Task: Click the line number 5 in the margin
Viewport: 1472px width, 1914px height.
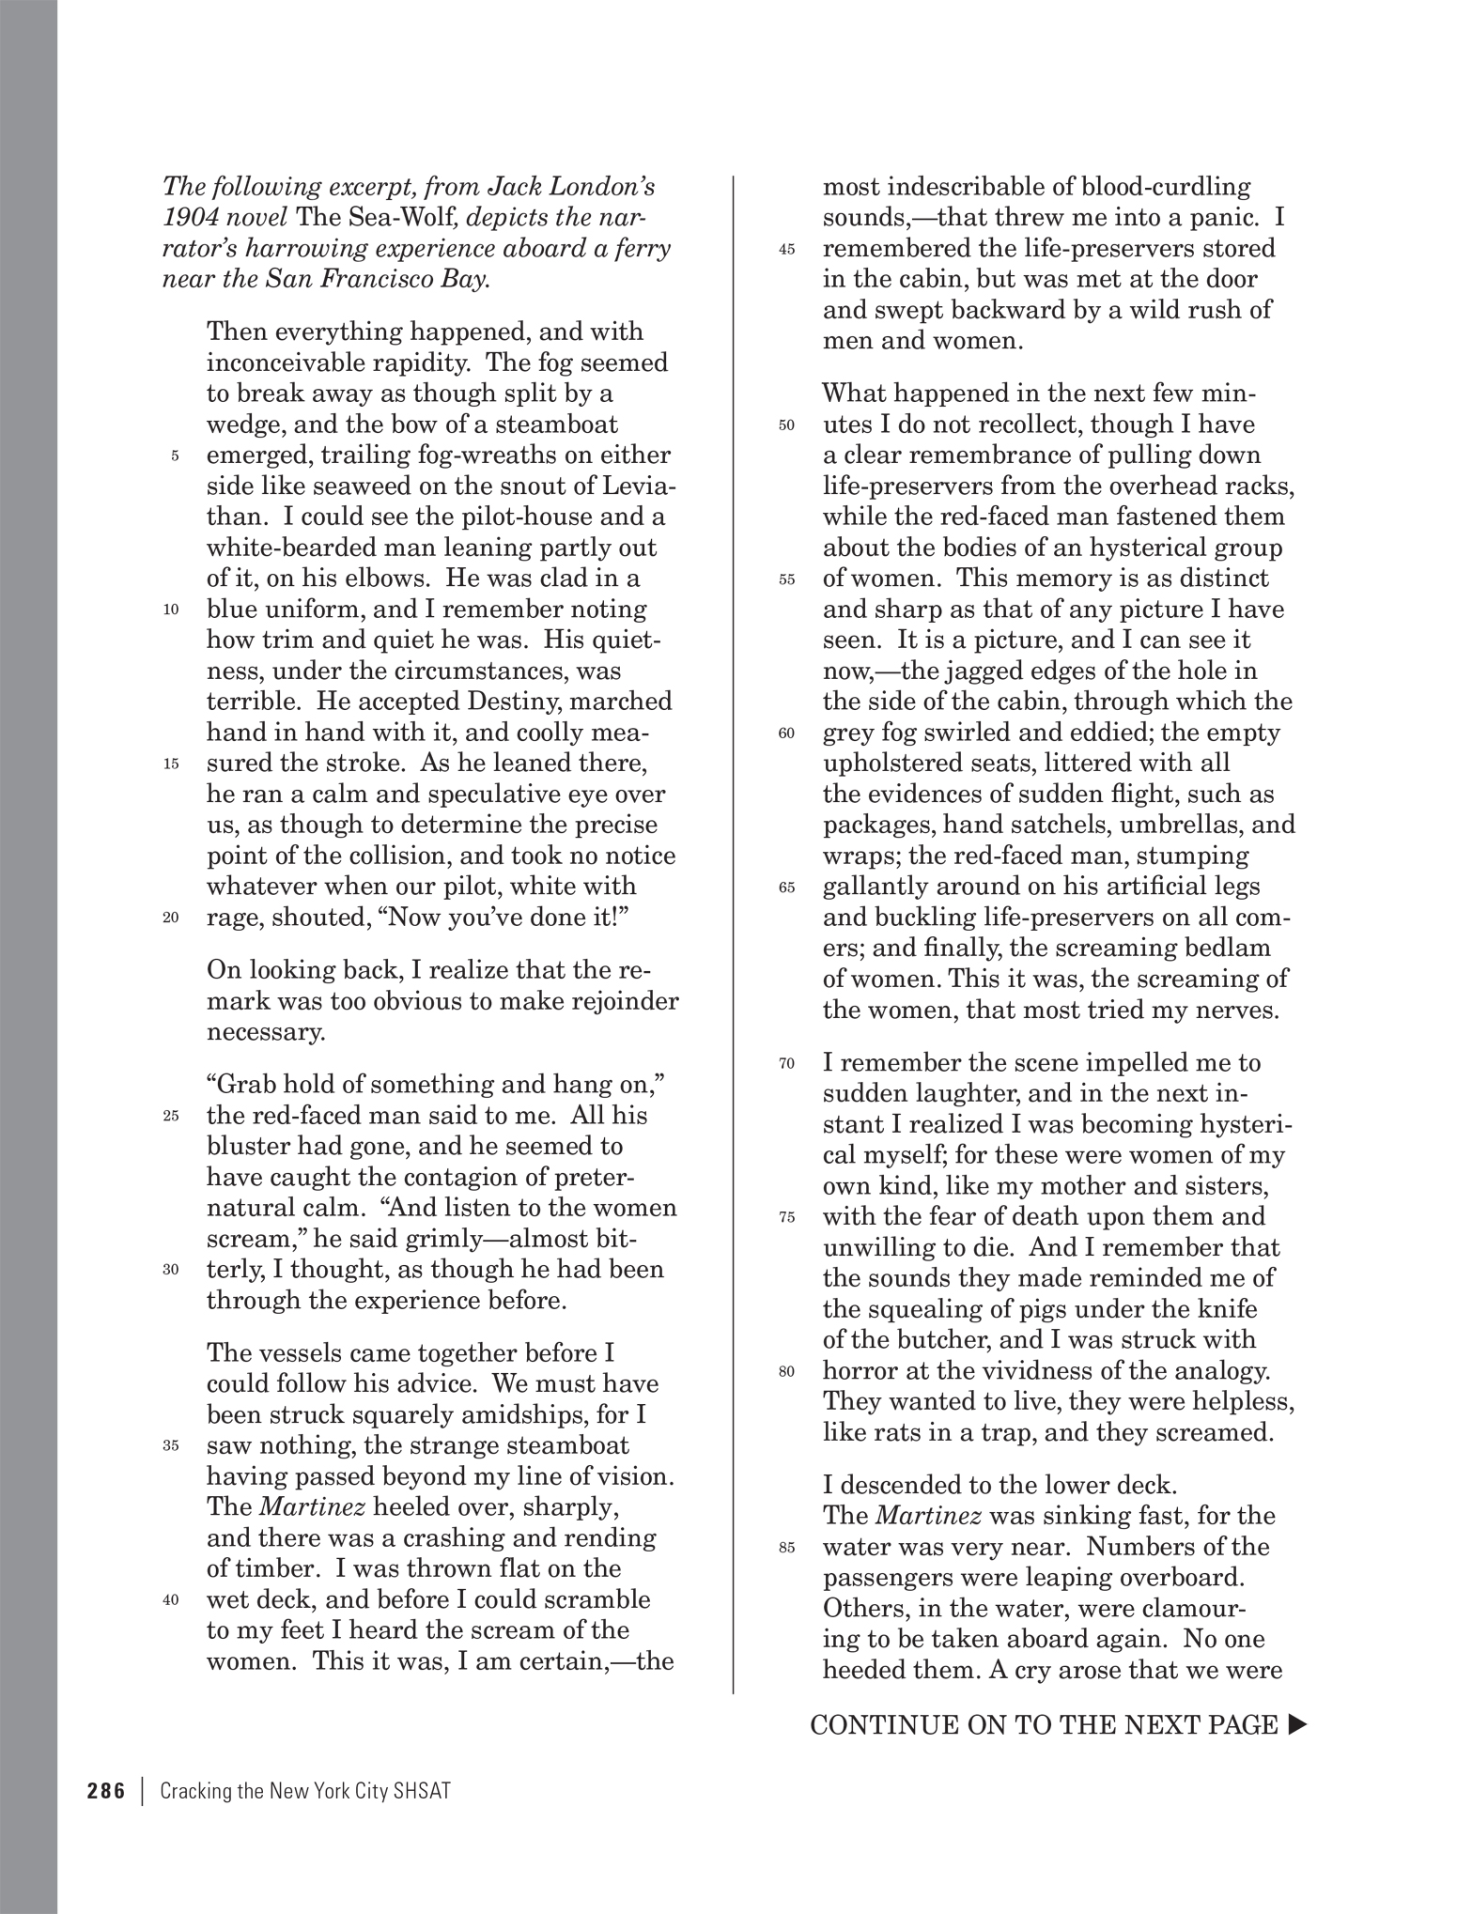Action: pyautogui.click(x=175, y=456)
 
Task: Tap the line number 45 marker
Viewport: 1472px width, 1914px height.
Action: pyautogui.click(x=787, y=250)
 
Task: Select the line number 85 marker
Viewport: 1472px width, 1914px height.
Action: pyautogui.click(x=787, y=1548)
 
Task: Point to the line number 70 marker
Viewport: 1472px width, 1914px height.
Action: pyautogui.click(x=787, y=1063)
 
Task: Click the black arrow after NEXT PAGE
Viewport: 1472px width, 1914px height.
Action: pyautogui.click(x=1297, y=1724)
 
